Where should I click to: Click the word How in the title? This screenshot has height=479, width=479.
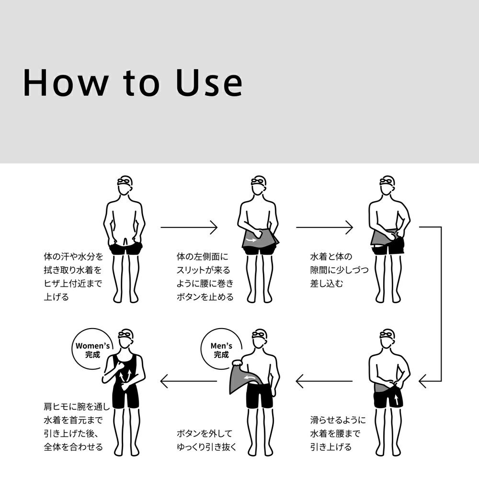(x=66, y=83)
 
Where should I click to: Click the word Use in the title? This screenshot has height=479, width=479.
(x=209, y=83)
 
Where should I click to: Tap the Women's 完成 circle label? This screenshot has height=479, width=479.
(x=92, y=350)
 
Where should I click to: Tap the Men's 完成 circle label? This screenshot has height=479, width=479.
(x=221, y=350)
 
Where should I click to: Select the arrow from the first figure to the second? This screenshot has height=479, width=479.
(x=189, y=227)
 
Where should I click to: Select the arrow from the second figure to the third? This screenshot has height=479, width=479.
(x=324, y=227)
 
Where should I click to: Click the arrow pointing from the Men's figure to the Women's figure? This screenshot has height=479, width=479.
(x=188, y=381)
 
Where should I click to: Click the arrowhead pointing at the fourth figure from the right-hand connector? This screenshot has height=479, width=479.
(x=423, y=381)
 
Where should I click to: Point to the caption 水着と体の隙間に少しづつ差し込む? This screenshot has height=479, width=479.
(x=339, y=270)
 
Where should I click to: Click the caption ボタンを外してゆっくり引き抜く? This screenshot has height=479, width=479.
(x=206, y=440)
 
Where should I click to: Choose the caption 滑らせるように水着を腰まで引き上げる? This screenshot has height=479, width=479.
(x=338, y=433)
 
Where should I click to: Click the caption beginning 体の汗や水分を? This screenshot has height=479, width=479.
(x=73, y=277)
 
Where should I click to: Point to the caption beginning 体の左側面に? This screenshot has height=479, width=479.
(x=205, y=277)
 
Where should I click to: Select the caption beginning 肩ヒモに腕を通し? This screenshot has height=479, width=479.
(x=76, y=427)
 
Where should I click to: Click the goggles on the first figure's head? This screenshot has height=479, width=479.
(x=124, y=182)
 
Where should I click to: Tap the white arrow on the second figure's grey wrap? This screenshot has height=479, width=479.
(x=252, y=240)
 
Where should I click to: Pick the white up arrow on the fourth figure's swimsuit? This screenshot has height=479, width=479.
(x=396, y=399)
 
